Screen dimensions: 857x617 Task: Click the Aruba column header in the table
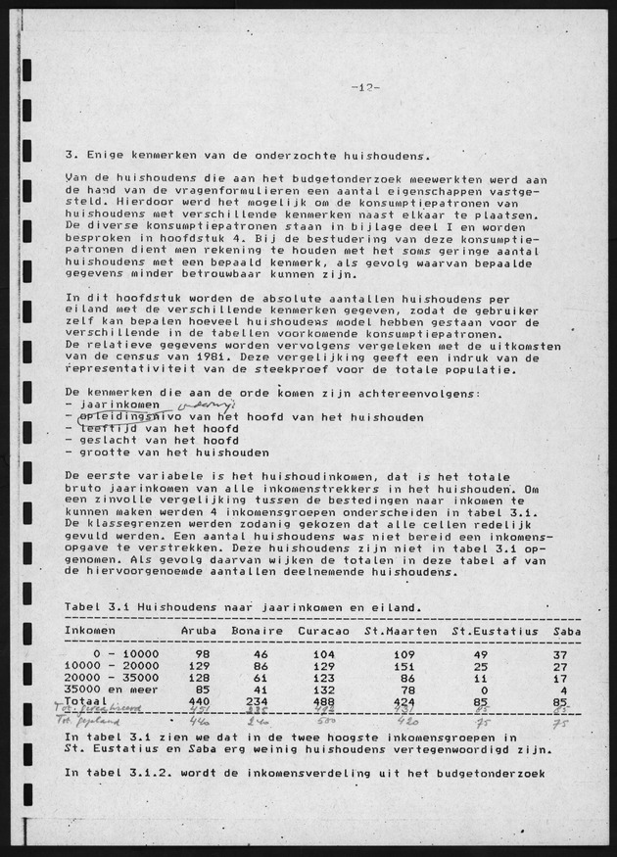(x=200, y=631)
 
